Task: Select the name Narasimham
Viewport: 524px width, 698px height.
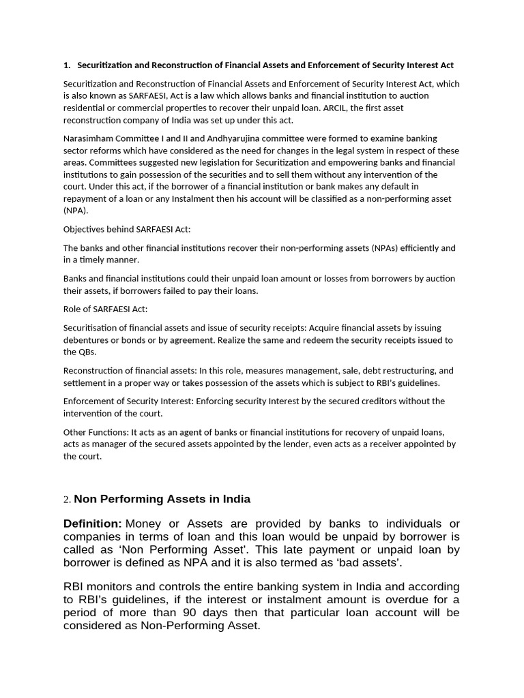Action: pyautogui.click(x=88, y=138)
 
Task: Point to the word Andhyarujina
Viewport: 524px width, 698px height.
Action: pyautogui.click(x=219, y=138)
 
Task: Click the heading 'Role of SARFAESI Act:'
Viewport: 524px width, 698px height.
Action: pyautogui.click(x=105, y=309)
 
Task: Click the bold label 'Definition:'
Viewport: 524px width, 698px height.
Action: pyautogui.click(x=92, y=523)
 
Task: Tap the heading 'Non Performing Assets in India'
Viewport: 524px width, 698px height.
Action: pyautogui.click(x=162, y=499)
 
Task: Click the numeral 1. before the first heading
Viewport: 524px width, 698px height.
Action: pyautogui.click(x=67, y=65)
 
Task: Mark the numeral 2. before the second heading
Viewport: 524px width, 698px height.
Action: pyautogui.click(x=67, y=500)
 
